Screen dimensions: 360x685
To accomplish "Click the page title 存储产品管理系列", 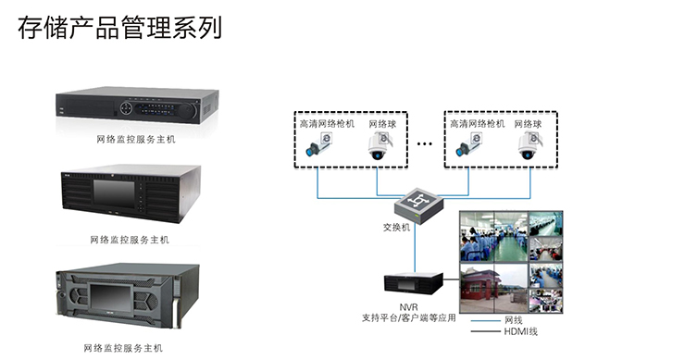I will click(119, 27).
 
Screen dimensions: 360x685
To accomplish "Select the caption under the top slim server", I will click(136, 139).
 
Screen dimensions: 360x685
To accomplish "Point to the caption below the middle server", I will click(136, 240).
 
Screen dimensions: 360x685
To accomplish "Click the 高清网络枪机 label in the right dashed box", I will click(477, 123).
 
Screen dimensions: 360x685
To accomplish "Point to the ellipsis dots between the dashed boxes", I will click(425, 144).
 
